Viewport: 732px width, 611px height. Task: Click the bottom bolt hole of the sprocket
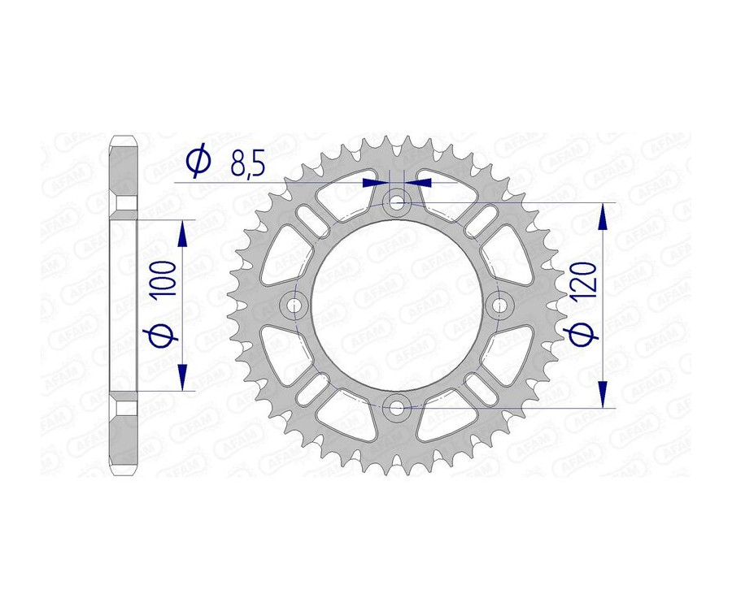396,405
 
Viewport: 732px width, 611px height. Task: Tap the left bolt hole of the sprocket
294,304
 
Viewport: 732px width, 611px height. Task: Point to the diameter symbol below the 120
590,331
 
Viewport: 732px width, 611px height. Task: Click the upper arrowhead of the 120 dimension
603,216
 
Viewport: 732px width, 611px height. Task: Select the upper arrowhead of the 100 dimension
182,235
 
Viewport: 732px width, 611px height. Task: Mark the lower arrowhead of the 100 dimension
182,375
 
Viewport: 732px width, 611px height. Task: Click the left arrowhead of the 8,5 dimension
373,182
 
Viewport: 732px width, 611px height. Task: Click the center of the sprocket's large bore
396,304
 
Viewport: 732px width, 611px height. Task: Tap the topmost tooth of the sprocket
396,142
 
